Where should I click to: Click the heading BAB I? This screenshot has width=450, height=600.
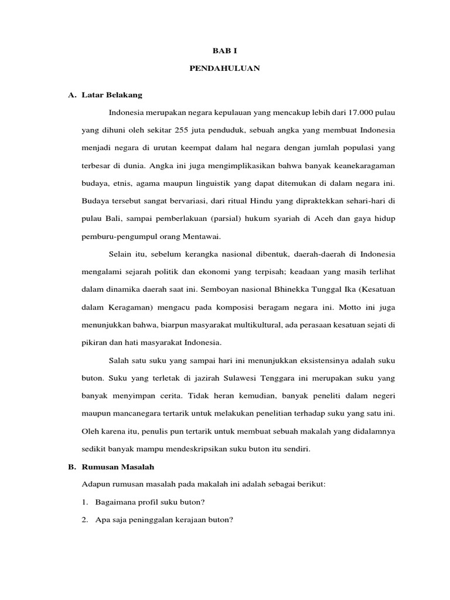click(224, 51)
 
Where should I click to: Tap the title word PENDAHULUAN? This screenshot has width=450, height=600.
click(224, 69)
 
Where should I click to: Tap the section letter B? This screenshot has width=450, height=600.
click(72, 467)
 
